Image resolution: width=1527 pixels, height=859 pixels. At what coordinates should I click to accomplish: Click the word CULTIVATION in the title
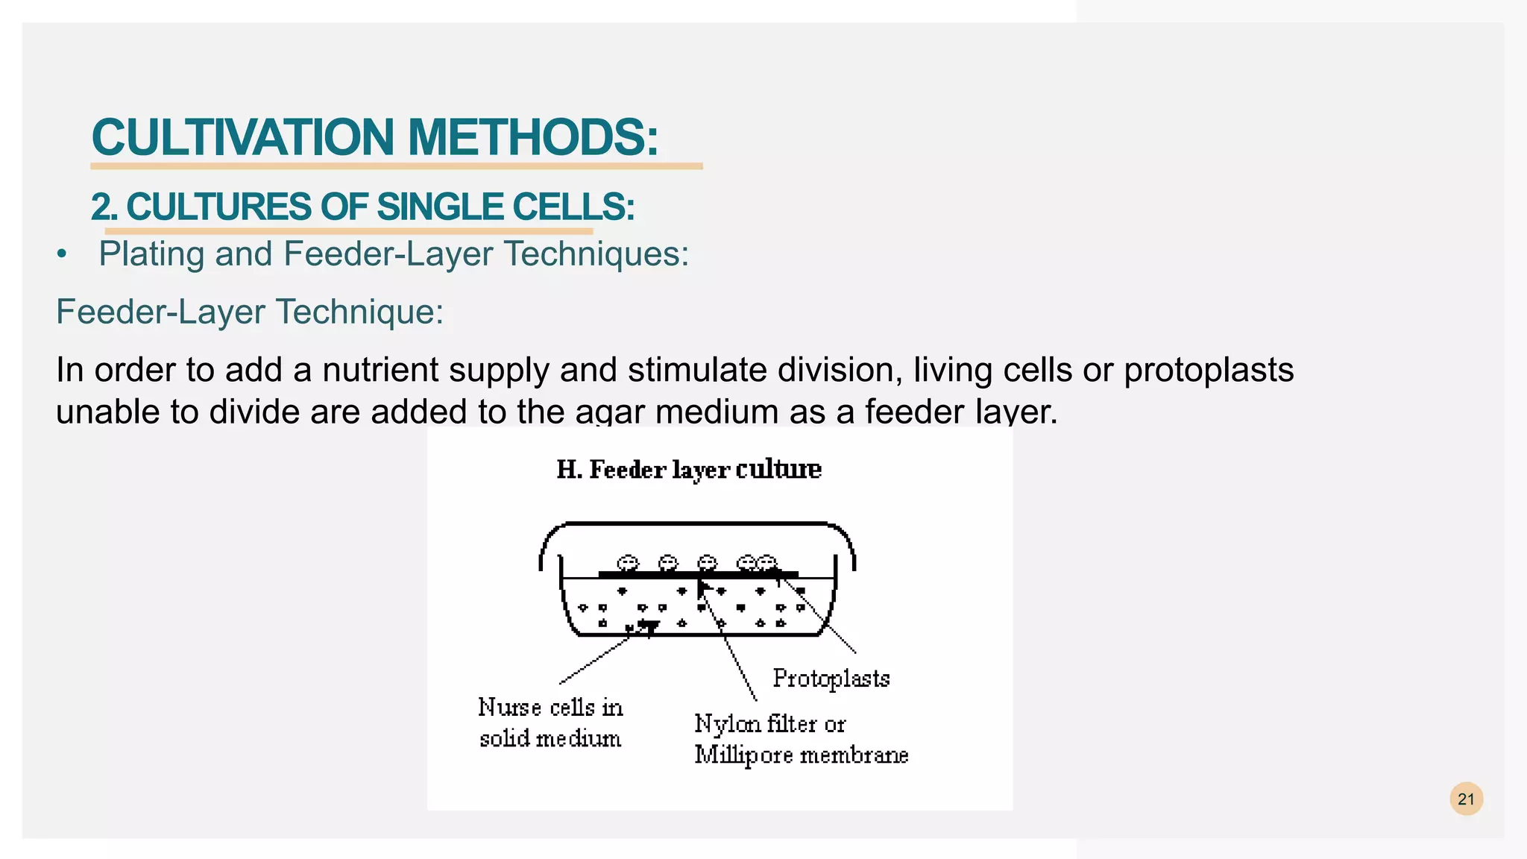(242, 138)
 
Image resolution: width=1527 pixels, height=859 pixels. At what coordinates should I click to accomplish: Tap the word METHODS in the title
(532, 138)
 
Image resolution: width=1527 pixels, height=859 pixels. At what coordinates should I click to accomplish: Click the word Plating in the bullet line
(151, 254)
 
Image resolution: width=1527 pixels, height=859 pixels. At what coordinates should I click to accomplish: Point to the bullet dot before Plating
(62, 255)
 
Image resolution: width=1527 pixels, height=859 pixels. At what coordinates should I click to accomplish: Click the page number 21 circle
(1466, 799)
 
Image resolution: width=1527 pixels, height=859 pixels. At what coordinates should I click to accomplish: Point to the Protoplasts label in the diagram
(831, 679)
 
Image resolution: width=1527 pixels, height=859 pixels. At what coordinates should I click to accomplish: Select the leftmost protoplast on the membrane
(628, 563)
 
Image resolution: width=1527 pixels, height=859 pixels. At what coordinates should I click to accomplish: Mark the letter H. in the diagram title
(569, 470)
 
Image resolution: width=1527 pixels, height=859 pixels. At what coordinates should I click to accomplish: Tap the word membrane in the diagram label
(854, 755)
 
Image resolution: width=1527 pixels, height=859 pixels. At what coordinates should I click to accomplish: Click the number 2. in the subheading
(104, 207)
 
